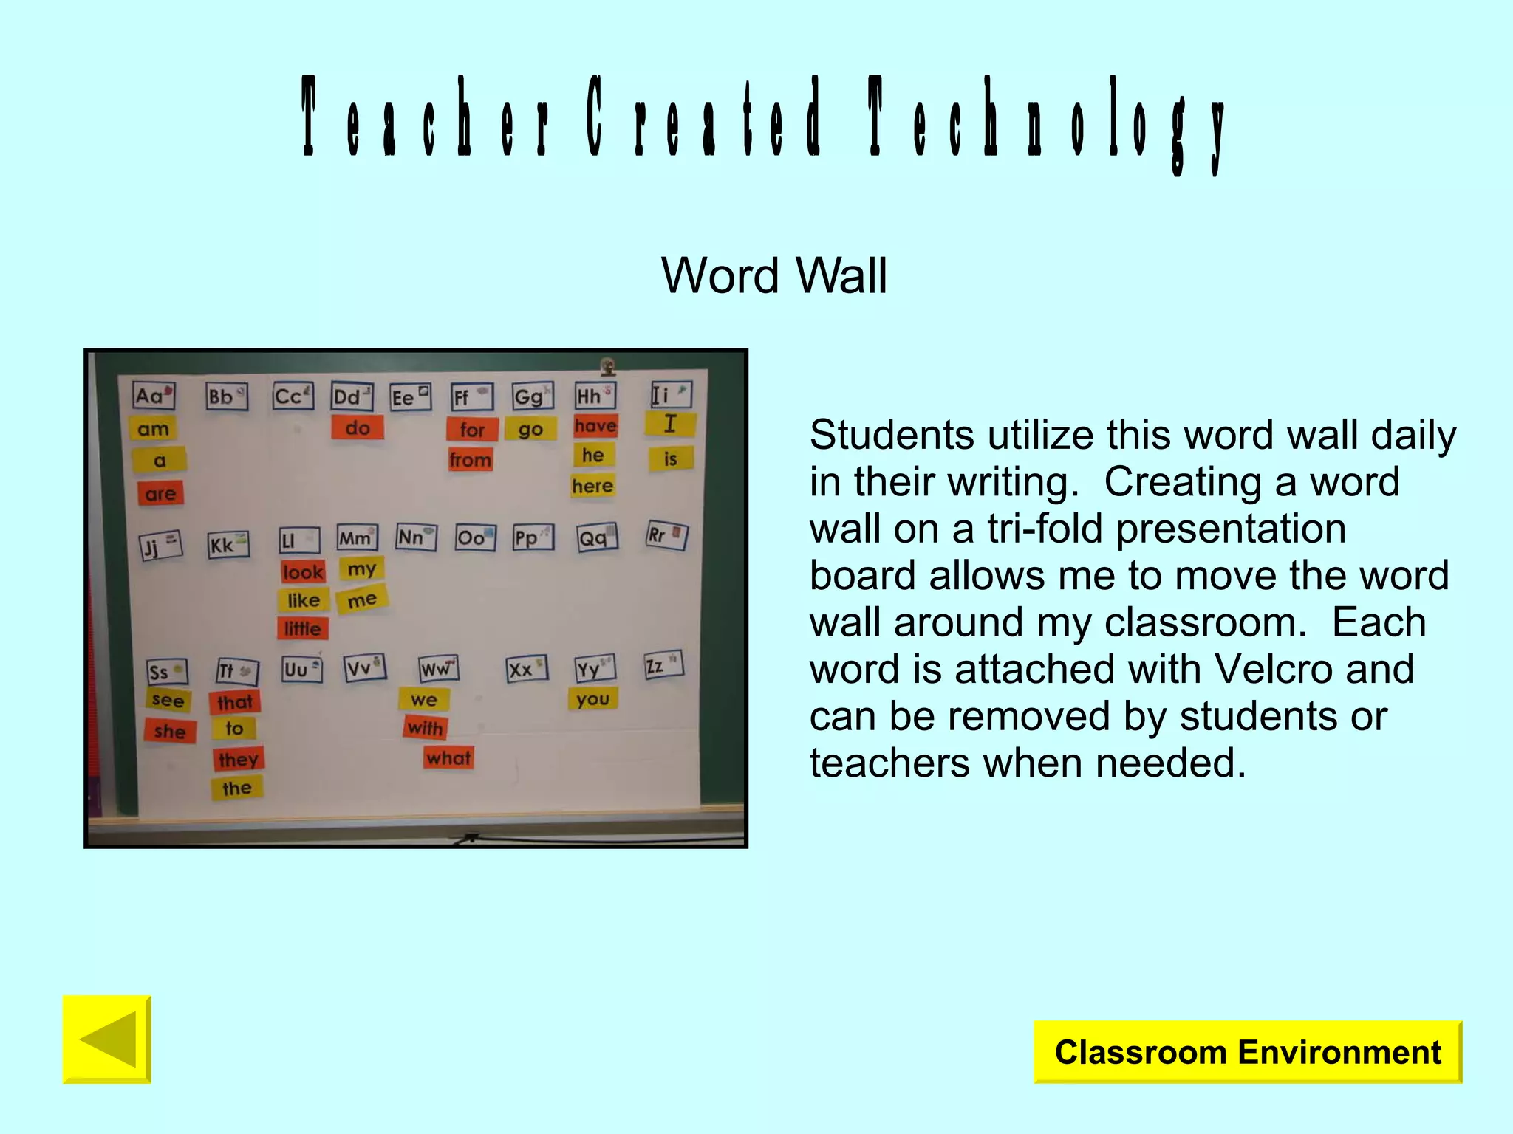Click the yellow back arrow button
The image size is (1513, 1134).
pyautogui.click(x=107, y=1039)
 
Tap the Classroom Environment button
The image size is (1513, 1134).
pyautogui.click(x=1247, y=1052)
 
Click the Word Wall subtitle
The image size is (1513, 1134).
pyautogui.click(x=773, y=275)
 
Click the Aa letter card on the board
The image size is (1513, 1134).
pyautogui.click(x=154, y=396)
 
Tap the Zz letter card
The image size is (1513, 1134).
pyautogui.click(x=663, y=665)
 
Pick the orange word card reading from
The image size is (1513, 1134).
pyautogui.click(x=470, y=460)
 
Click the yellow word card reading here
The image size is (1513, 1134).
pyautogui.click(x=592, y=486)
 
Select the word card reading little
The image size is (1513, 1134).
pyautogui.click(x=303, y=628)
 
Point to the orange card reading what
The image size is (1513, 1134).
pyautogui.click(x=448, y=757)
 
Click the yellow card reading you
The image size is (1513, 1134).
pyautogui.click(x=592, y=698)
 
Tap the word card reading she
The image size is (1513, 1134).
pyautogui.click(x=170, y=731)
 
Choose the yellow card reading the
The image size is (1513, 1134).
pyautogui.click(x=237, y=788)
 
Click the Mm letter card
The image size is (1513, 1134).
pyautogui.click(x=357, y=537)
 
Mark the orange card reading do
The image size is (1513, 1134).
pyautogui.click(x=358, y=427)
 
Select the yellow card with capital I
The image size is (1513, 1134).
pyautogui.click(x=670, y=424)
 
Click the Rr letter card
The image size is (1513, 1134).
pyautogui.click(x=666, y=535)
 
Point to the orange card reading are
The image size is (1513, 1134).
pyautogui.click(x=160, y=493)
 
